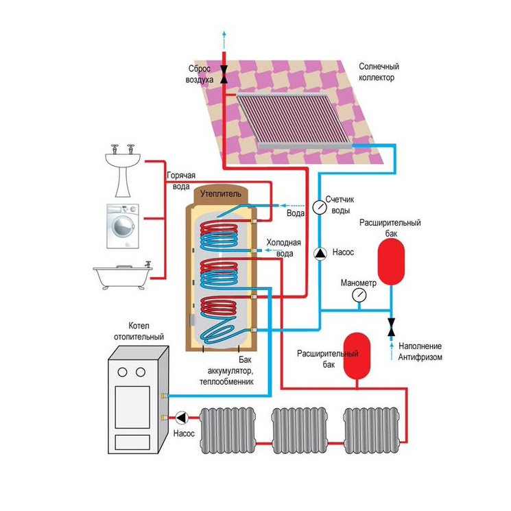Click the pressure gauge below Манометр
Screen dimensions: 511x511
(x=358, y=295)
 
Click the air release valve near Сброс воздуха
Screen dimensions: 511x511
(x=224, y=80)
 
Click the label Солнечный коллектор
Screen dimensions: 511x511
(x=379, y=72)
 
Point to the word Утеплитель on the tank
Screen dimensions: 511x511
(x=221, y=194)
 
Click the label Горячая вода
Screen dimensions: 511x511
(x=182, y=180)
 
